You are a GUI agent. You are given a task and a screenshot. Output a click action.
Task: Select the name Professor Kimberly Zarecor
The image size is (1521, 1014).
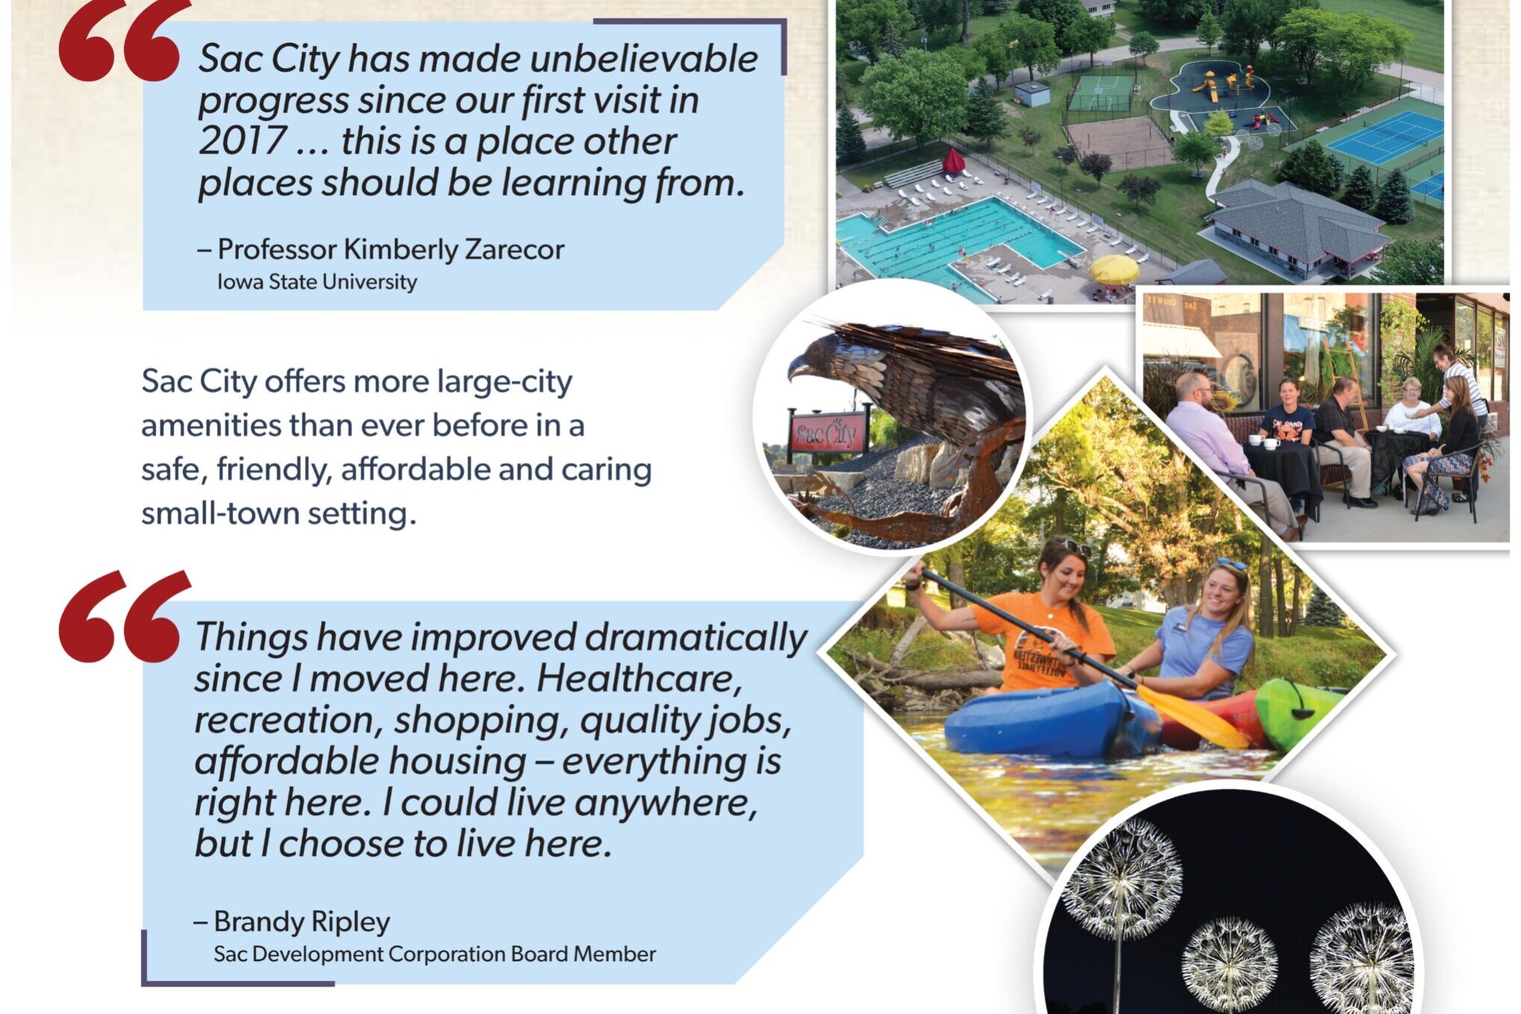pos(390,249)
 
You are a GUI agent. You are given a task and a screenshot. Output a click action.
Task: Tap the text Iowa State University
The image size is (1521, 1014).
pos(317,282)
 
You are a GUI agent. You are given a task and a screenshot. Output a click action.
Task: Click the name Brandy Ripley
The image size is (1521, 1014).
pos(302,921)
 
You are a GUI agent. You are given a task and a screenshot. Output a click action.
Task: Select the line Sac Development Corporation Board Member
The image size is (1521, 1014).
pos(435,954)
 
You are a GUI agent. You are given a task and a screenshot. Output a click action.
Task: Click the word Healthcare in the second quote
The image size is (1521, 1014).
pos(639,679)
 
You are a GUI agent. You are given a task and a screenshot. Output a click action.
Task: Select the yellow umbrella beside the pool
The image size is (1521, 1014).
pos(1114,269)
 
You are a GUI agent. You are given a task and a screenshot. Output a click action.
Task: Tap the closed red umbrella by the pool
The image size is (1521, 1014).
pos(954,161)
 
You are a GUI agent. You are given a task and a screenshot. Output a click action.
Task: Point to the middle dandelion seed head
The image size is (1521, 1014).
pos(1230,959)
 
